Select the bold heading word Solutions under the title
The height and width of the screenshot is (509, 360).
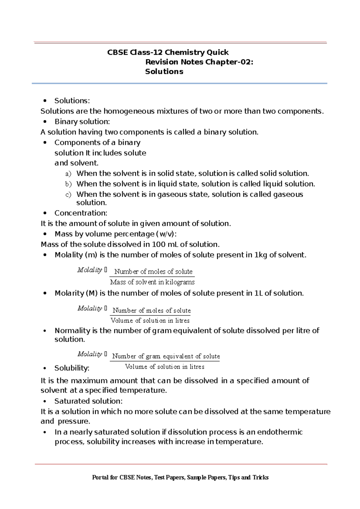click(x=164, y=72)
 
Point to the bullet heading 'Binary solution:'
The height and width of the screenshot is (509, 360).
click(x=82, y=122)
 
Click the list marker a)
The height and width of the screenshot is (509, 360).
click(x=68, y=174)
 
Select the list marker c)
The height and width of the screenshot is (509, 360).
click(x=68, y=195)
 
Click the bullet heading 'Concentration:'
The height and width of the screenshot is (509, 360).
click(x=81, y=213)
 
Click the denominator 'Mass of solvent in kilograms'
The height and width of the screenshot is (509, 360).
click(x=152, y=282)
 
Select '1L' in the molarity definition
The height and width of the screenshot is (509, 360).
click(x=258, y=293)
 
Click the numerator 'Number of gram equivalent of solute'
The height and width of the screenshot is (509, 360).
click(x=166, y=356)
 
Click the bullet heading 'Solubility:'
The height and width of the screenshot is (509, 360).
click(x=72, y=368)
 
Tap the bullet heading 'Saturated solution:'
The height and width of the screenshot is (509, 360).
click(x=88, y=401)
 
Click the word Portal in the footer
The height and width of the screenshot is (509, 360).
click(x=100, y=478)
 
